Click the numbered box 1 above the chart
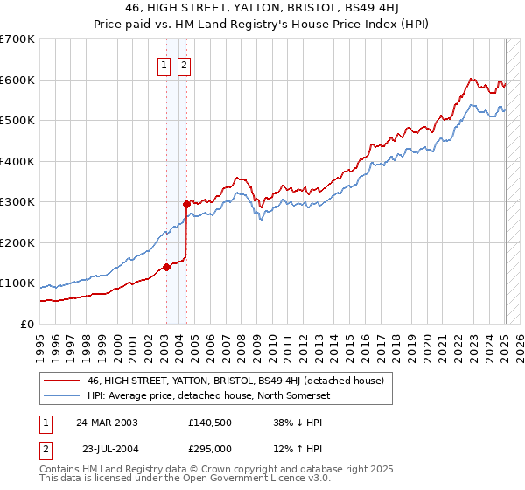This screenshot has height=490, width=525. [x=164, y=64]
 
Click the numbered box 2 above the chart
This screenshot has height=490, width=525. [x=185, y=64]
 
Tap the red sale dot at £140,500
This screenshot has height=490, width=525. [x=166, y=267]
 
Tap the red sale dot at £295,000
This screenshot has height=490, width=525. [x=186, y=204]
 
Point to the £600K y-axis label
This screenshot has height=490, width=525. [x=17, y=80]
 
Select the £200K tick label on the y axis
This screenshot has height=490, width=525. [x=17, y=242]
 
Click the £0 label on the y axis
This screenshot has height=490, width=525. [x=27, y=324]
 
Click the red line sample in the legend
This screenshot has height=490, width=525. [x=62, y=381]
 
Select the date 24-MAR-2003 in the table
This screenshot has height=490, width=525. [x=107, y=422]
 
